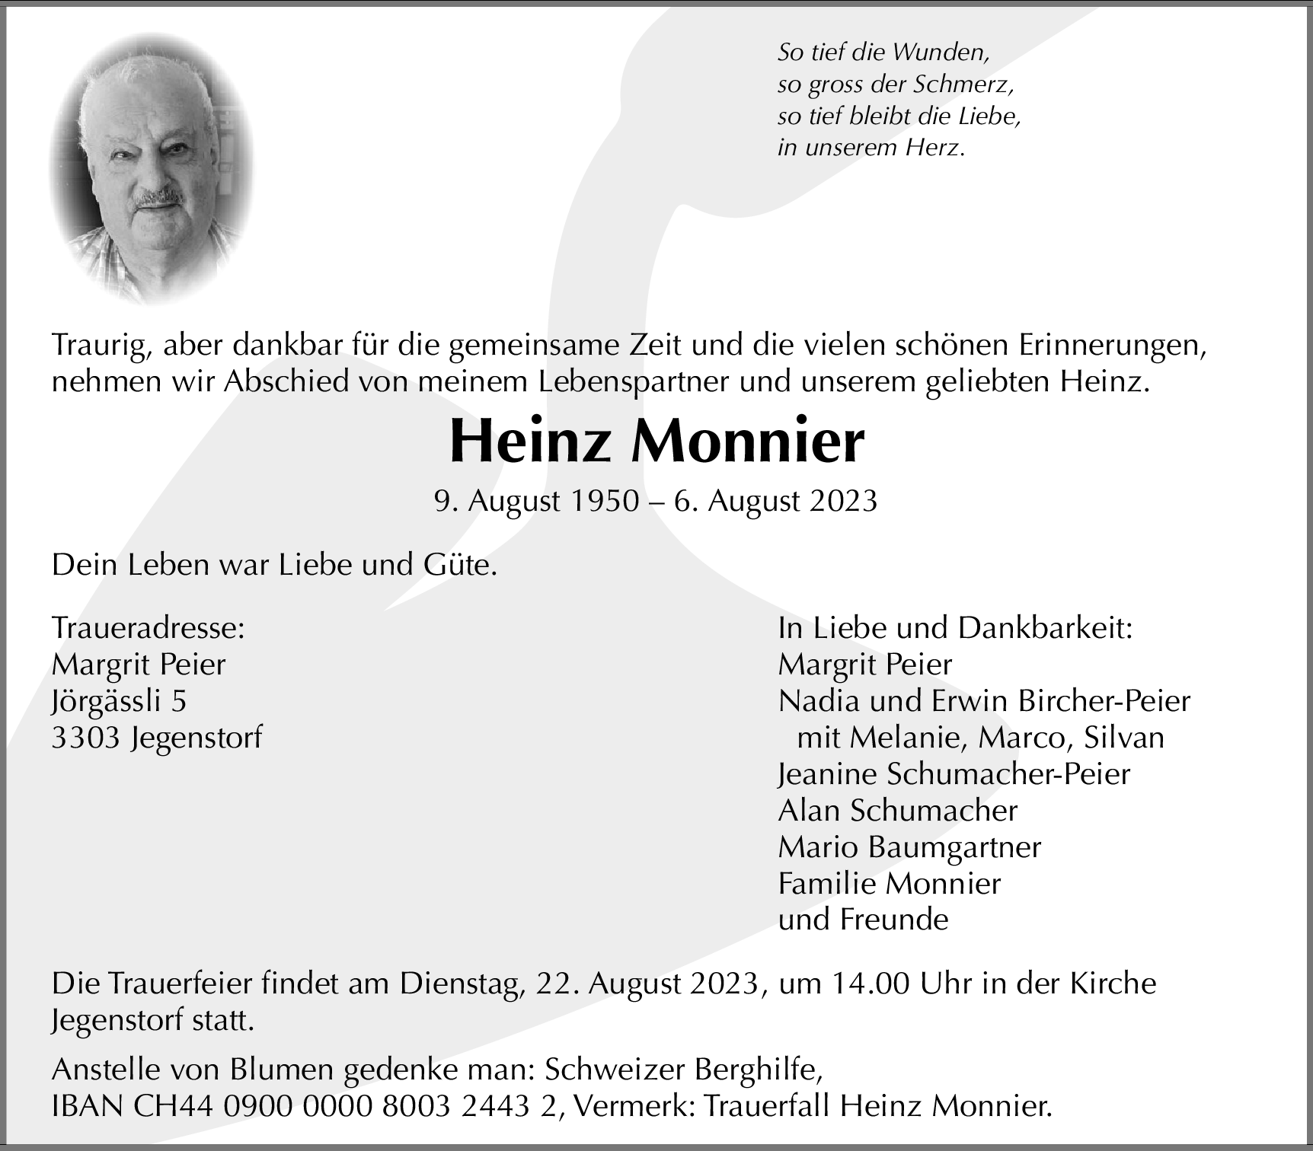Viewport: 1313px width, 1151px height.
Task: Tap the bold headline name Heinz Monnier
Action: pos(656,442)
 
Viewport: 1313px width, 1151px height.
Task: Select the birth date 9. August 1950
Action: pos(536,501)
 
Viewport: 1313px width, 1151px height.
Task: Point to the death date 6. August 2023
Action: pos(775,501)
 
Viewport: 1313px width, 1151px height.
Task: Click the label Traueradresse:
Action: pos(149,628)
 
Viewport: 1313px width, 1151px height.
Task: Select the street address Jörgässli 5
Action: pos(119,701)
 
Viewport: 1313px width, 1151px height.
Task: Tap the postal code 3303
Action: pos(86,738)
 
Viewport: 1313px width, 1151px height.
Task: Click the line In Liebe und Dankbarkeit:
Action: pos(955,628)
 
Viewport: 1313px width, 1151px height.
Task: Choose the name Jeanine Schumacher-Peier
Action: pos(954,774)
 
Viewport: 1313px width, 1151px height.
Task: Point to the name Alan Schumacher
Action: pos(897,811)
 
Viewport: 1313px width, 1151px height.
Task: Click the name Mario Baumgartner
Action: pos(909,847)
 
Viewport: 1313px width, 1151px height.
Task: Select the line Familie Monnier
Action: pos(889,884)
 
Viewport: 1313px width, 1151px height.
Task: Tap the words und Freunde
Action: pos(863,920)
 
